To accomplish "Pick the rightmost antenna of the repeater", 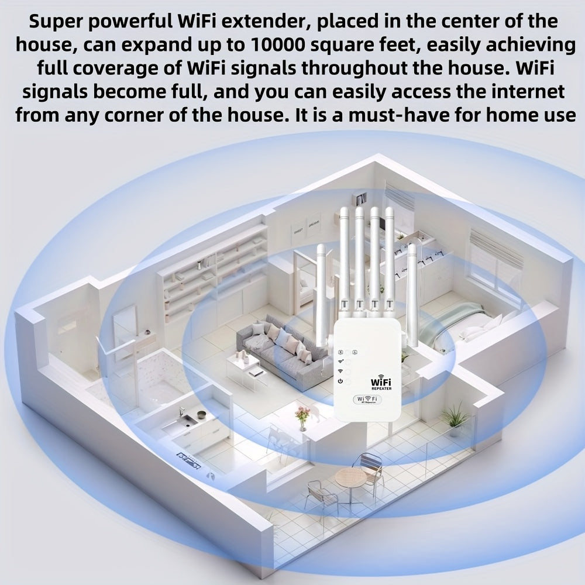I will (412, 292).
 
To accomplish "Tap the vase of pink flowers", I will (302, 417).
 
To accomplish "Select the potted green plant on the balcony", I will (455, 418).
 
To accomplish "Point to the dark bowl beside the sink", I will (202, 415).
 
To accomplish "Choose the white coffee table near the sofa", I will (243, 369).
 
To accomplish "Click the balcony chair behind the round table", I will (369, 464).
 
